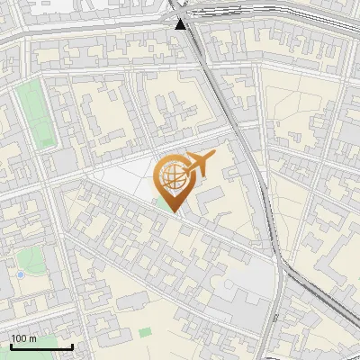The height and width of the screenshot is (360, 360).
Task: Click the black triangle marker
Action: pyautogui.click(x=182, y=23)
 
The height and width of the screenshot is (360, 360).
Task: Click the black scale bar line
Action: pyautogui.click(x=41, y=346)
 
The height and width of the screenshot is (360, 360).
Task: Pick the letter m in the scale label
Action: pyautogui.click(x=33, y=338)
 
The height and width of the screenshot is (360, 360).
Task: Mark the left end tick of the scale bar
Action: pyautogui.click(x=11, y=345)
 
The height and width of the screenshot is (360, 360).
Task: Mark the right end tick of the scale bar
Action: pyautogui.click(x=72, y=345)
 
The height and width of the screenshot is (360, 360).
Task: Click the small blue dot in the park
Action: pyautogui.click(x=20, y=274)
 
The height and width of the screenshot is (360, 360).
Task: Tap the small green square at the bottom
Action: pyautogui.click(x=145, y=332)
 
